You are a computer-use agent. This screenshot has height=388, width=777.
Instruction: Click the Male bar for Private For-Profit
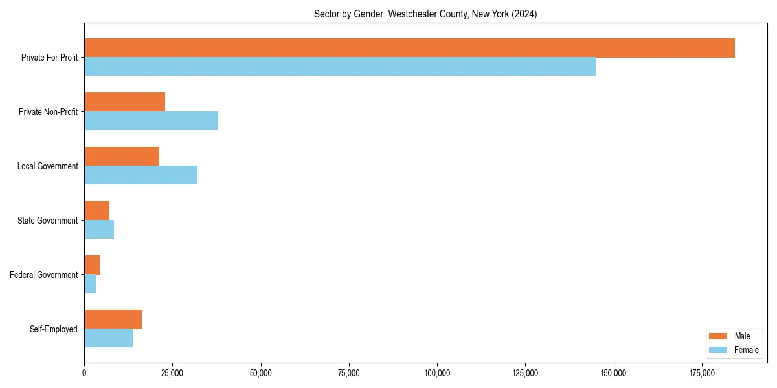(409, 48)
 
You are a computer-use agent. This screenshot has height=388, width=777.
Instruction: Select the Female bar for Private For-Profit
(340, 67)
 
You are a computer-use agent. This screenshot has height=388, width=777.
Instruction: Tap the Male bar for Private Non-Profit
(124, 102)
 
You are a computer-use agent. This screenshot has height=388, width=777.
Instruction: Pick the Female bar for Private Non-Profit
(151, 121)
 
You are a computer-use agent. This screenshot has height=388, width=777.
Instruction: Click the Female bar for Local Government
(141, 175)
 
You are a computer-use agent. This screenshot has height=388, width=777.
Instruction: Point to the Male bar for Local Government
(122, 156)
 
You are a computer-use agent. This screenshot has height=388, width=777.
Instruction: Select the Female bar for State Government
(99, 230)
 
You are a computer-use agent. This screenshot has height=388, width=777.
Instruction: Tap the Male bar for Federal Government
(92, 265)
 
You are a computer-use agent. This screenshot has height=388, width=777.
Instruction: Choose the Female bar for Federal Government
(90, 284)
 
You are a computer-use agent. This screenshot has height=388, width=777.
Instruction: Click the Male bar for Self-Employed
(113, 319)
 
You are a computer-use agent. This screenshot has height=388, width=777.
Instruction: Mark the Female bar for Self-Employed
(108, 338)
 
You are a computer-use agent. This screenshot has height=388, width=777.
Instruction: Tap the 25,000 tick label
(172, 373)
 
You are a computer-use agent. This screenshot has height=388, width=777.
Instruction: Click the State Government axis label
(47, 221)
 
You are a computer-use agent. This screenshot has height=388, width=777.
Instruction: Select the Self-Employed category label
(53, 329)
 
